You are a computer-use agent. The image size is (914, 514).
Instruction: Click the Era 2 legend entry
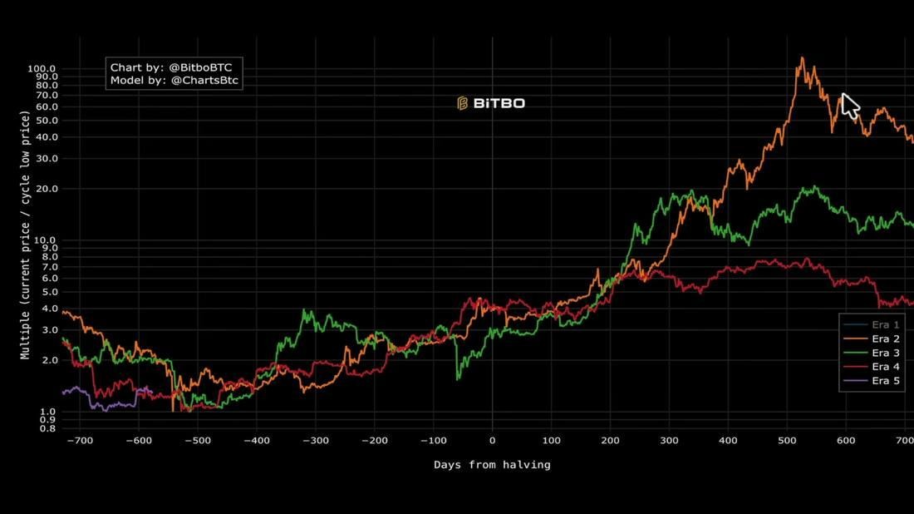(x=872, y=339)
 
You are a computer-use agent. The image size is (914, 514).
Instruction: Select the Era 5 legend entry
(x=872, y=381)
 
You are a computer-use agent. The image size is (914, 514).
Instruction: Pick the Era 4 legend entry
(x=872, y=367)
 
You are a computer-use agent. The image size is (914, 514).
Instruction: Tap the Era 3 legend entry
(x=872, y=353)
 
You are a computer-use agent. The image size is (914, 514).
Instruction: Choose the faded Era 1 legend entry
(x=872, y=325)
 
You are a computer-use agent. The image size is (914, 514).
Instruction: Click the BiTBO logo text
(x=499, y=103)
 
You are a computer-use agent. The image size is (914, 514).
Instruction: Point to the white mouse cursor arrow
(x=850, y=106)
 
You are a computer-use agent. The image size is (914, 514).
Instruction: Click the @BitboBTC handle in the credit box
(x=200, y=67)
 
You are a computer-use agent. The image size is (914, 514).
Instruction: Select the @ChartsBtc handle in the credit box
(x=204, y=81)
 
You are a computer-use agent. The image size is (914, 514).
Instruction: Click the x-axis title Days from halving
(x=492, y=465)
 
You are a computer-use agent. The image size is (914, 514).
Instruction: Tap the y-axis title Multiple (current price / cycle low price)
(x=25, y=235)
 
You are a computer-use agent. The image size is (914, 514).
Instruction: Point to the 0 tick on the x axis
(x=492, y=441)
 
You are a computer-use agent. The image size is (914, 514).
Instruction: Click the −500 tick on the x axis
(x=198, y=441)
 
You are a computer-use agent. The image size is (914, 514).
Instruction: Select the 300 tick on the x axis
(x=669, y=441)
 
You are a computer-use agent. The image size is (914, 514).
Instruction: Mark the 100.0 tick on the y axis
(x=42, y=69)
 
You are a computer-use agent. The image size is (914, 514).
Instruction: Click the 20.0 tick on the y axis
(x=45, y=189)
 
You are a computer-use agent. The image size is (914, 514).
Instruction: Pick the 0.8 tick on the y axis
(x=48, y=429)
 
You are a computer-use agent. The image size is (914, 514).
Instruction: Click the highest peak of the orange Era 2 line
(x=803, y=57)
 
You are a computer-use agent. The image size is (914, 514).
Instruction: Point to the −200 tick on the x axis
(x=374, y=441)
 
